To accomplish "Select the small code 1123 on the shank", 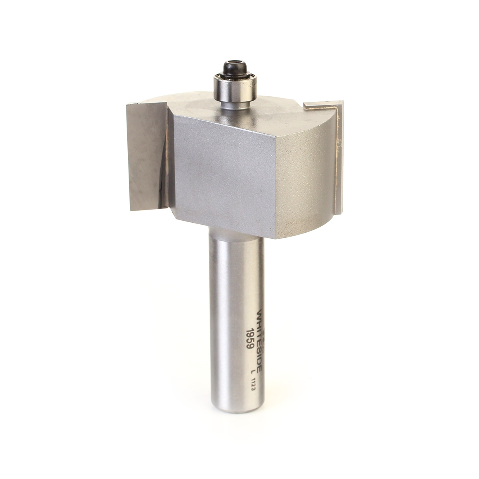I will [253, 385].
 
